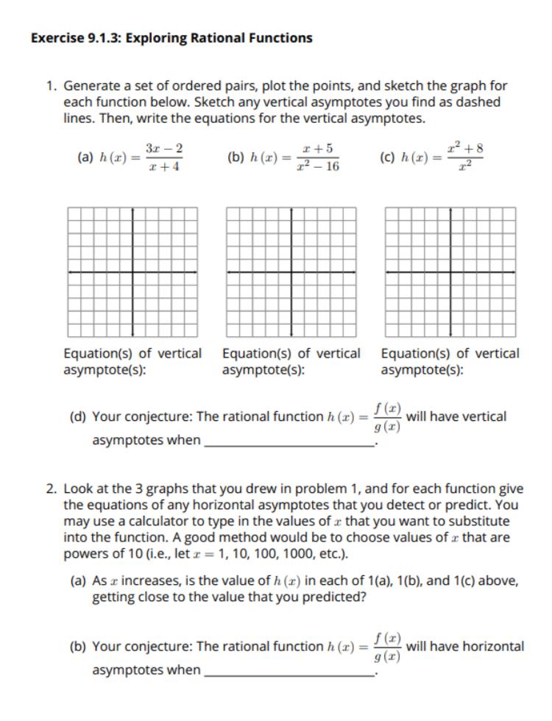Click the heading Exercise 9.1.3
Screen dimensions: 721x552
click(171, 38)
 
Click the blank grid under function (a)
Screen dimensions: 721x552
click(132, 272)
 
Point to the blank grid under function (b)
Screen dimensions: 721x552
click(291, 272)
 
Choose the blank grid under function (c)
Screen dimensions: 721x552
click(450, 272)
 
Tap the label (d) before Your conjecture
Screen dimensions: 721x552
click(78, 417)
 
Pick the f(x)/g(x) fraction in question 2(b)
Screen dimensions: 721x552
click(387, 647)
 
